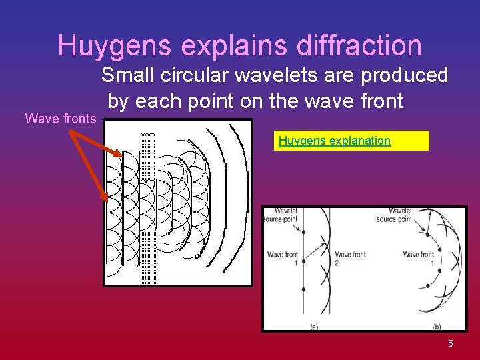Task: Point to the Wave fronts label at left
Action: click(x=60, y=119)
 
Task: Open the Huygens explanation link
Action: click(x=335, y=141)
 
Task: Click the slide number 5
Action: click(x=451, y=343)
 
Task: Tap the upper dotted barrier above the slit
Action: click(x=148, y=155)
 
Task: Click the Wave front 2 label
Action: click(x=351, y=259)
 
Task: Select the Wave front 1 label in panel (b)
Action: click(x=419, y=259)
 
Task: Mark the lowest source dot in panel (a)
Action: click(x=303, y=289)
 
